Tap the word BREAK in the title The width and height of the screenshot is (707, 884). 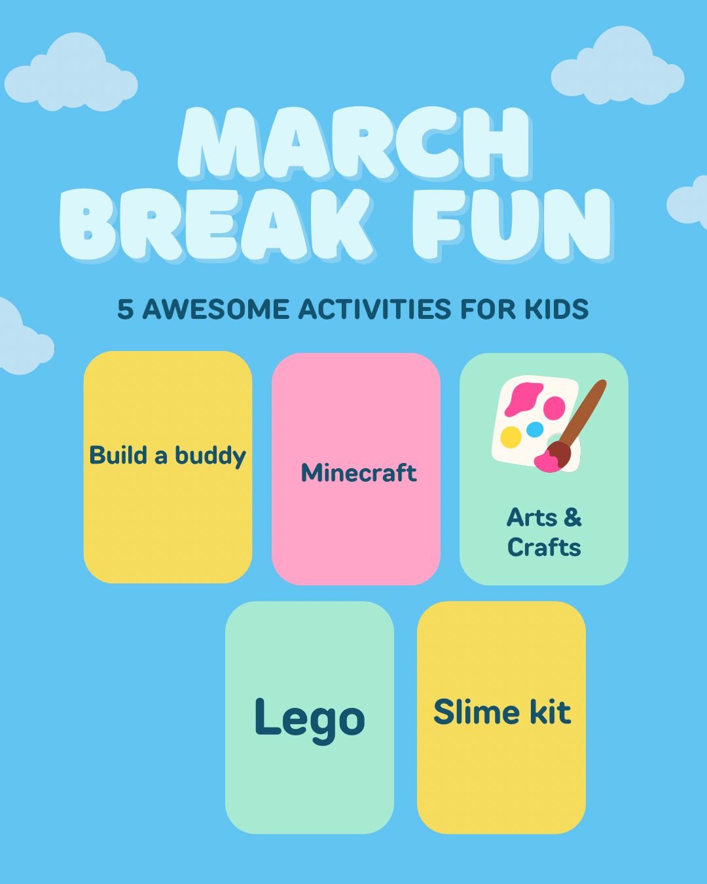tap(217, 225)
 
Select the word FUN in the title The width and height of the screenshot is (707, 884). tap(513, 225)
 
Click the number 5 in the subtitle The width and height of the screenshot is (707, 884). tap(125, 309)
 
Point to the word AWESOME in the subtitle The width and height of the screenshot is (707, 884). tap(215, 309)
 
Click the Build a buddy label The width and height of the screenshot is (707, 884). tap(168, 456)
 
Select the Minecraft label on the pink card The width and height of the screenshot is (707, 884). tap(359, 472)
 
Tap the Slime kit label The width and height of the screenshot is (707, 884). tap(502, 712)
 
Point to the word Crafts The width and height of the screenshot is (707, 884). tap(544, 547)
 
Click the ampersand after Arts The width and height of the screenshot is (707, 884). tap(573, 517)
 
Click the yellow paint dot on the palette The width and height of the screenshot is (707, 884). tap(511, 437)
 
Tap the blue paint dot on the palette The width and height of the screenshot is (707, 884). tap(535, 430)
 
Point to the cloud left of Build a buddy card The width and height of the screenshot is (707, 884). tap(25, 337)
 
